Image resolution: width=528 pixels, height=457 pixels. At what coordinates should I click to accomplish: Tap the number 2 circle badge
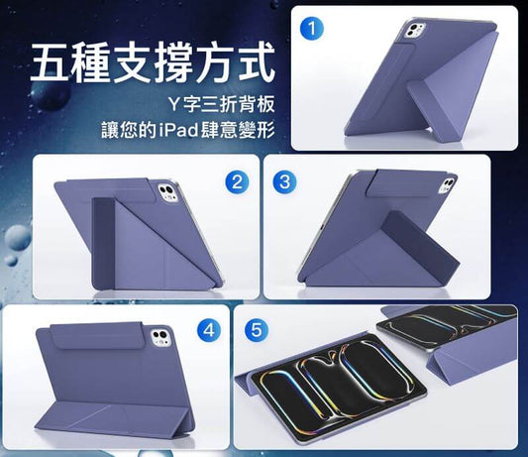click(236, 181)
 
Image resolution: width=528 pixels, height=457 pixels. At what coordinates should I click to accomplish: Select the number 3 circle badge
click(283, 181)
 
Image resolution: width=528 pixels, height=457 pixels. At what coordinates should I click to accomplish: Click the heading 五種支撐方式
click(151, 61)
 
